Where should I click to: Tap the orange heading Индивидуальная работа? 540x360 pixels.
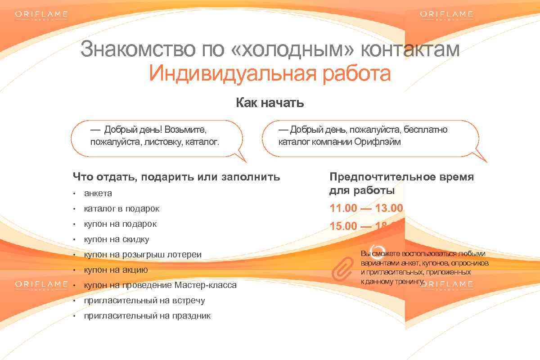270,74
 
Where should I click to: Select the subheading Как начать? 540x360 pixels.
270,103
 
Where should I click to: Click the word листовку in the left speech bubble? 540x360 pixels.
164,142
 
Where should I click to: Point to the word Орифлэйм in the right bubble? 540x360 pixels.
377,142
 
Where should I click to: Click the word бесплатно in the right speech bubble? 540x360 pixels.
425,130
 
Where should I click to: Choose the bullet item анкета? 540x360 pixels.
98,193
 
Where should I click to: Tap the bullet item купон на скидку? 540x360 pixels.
116,239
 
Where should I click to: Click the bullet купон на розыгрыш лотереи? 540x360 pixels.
143,255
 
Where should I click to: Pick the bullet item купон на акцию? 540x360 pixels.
116,270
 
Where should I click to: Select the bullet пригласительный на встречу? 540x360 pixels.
144,301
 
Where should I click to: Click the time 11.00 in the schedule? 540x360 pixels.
343,208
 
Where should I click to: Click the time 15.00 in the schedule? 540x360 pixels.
343,226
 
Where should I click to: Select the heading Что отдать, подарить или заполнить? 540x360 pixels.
176,177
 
